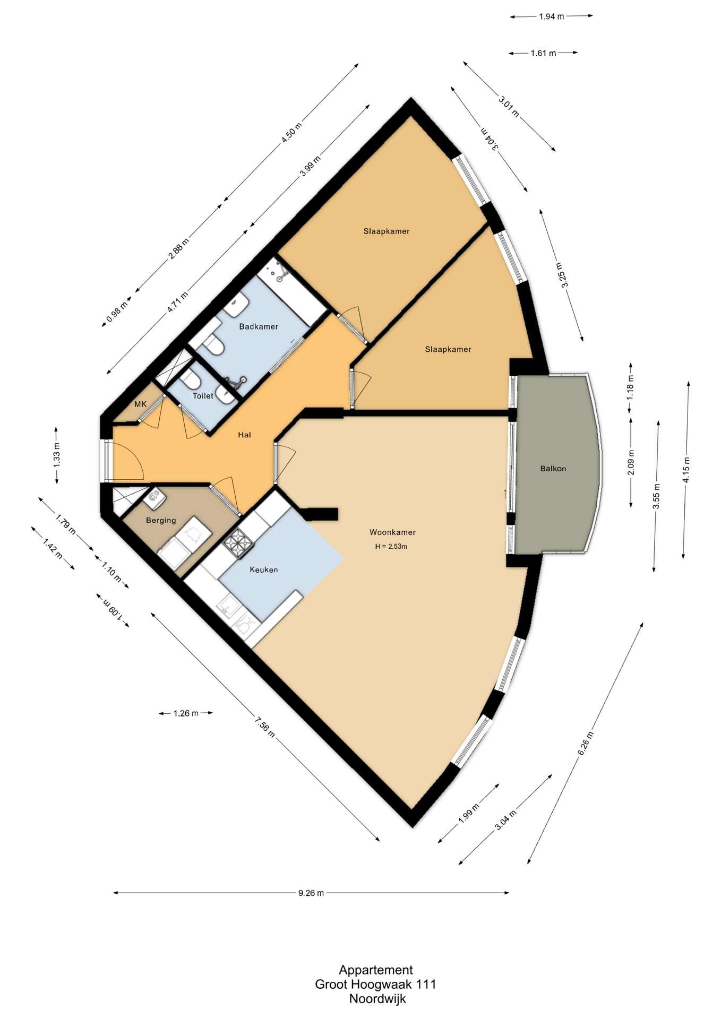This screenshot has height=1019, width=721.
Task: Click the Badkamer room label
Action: [259, 326]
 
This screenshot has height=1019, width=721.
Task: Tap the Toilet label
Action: [203, 396]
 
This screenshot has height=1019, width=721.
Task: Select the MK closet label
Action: [140, 404]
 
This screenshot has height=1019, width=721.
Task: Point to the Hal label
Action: [244, 435]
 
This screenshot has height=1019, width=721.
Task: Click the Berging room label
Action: [161, 520]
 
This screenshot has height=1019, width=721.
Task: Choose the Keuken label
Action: [264, 569]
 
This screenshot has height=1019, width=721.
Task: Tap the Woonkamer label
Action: [392, 532]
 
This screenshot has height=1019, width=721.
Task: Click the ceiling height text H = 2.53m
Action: [391, 546]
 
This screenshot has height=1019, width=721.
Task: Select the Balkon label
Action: [553, 469]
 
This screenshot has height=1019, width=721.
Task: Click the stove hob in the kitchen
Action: [239, 543]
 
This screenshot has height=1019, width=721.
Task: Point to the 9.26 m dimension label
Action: [311, 893]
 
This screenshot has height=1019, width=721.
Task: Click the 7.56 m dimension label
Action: [264, 727]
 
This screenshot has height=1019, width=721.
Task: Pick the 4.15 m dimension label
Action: [686, 470]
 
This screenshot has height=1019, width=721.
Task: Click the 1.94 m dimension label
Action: [551, 16]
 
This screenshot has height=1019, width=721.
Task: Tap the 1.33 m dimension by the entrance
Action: [57, 455]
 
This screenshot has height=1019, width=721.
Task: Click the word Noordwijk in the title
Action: [377, 998]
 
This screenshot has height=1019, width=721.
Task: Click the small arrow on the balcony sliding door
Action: [505, 494]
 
